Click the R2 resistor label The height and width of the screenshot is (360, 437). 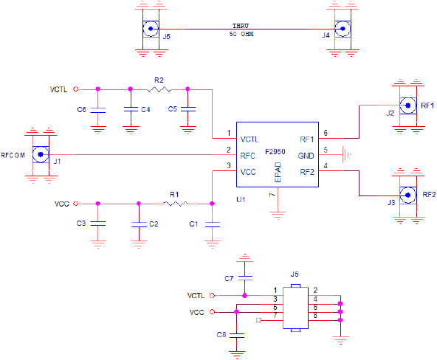tap(159, 79)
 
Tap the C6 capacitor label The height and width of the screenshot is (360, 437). tap(81, 109)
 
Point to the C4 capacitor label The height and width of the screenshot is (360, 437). tap(145, 109)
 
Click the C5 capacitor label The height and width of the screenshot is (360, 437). tap(172, 109)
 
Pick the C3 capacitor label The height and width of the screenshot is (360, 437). tap(81, 223)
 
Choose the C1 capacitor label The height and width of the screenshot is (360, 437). tap(194, 223)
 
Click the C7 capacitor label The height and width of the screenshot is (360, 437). tap(229, 278)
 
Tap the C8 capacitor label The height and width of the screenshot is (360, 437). tap(221, 334)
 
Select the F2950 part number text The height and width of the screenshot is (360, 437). tap(275, 151)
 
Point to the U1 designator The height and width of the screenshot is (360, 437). tap(240, 199)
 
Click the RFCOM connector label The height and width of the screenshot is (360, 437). tap(13, 156)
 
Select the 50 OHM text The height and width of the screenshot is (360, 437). tap(242, 35)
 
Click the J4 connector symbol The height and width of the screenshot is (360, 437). tap(342, 29)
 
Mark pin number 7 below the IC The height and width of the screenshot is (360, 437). tap(272, 195)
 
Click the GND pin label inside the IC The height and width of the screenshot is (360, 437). tap(306, 156)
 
